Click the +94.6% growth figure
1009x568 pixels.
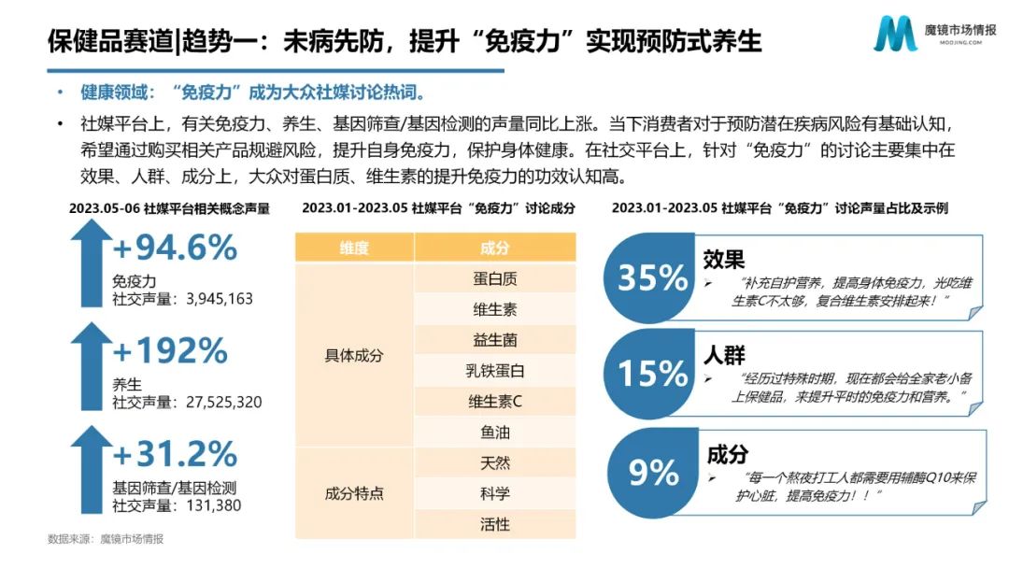175,248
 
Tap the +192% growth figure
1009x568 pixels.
170,350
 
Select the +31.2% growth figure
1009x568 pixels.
175,454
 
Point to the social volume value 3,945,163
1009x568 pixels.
220,299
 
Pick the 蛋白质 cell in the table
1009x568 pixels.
495,278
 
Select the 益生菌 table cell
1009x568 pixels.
495,340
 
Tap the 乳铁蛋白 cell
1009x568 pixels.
495,371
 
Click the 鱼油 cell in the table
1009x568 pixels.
495,433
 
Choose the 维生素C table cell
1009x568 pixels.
495,402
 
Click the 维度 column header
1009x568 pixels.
354,248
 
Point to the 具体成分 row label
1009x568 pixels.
354,356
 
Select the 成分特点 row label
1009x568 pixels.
354,493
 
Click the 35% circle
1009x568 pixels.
653,278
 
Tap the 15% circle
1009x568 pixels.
653,374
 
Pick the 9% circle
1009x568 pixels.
653,472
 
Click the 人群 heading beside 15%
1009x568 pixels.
724,356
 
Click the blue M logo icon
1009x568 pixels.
895,35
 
